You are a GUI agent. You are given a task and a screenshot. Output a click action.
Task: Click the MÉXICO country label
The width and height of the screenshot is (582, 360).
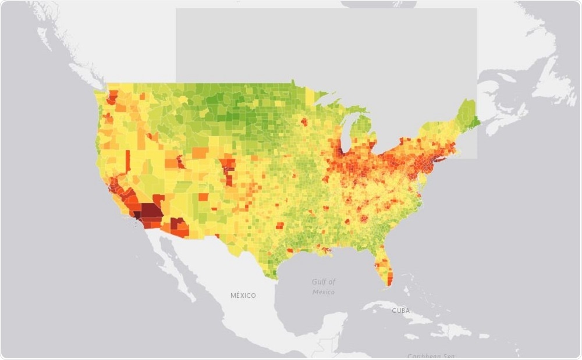243,295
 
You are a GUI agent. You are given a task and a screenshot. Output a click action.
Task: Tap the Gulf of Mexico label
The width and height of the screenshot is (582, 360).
323,287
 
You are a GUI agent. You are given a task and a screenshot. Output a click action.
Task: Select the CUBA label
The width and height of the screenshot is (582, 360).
400,311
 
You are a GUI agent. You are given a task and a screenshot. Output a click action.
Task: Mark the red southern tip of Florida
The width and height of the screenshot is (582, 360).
389,279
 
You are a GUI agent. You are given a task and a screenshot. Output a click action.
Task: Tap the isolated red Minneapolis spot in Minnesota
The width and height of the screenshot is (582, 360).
303,122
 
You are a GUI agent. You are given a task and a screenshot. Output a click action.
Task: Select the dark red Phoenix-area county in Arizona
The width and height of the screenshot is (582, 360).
178,224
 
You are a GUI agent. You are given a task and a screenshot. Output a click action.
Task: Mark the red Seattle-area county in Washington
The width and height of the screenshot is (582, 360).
112,96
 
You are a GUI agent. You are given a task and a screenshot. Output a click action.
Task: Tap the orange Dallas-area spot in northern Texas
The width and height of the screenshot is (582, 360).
280,225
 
